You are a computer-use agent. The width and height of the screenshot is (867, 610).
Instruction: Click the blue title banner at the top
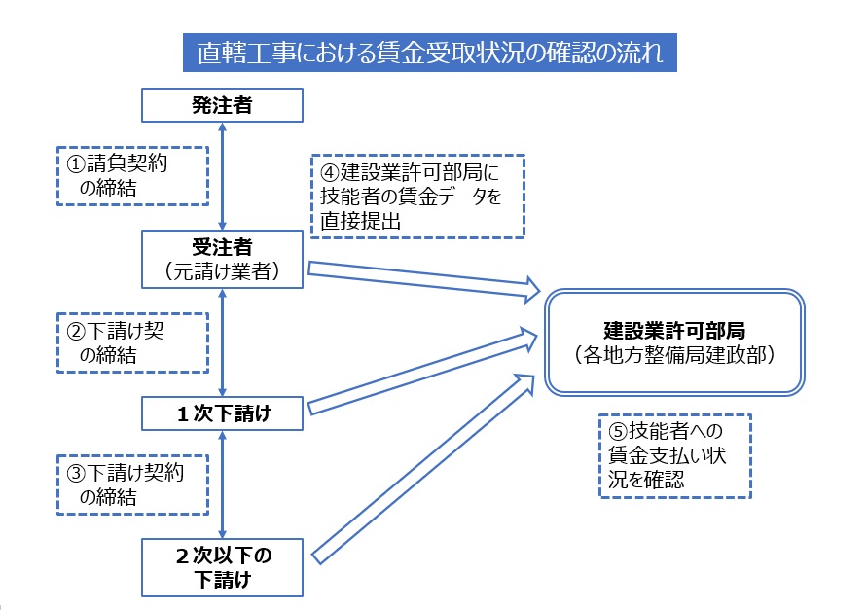coord(430,53)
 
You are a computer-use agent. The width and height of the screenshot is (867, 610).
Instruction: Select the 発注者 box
coord(222,104)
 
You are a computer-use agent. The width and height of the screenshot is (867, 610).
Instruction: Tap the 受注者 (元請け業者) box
coord(222,259)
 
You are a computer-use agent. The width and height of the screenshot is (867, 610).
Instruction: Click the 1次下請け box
coord(222,413)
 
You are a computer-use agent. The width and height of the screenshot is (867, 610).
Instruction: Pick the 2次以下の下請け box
coord(222,567)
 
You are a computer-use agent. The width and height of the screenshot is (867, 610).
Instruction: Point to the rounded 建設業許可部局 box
coord(674,341)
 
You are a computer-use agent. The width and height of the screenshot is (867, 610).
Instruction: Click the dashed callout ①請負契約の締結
coord(132,176)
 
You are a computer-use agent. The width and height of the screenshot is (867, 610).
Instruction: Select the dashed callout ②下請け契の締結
coord(132,342)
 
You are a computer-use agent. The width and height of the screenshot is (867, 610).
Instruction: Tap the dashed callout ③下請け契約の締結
coord(132,485)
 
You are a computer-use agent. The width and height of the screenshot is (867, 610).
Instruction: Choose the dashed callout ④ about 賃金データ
coord(417,197)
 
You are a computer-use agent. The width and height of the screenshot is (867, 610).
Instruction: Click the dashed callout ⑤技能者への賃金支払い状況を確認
coord(675,455)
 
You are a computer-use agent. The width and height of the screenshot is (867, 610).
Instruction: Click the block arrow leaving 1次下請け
coord(422,371)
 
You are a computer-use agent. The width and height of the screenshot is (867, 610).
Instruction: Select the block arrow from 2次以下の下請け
coord(423,469)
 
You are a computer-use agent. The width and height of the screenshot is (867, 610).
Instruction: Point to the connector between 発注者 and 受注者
coord(222,176)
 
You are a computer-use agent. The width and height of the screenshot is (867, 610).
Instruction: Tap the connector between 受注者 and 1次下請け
coord(222,342)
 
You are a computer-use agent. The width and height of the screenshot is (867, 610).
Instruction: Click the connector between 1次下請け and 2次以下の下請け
coord(222,484)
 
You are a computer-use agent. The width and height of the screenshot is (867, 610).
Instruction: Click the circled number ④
coord(330,172)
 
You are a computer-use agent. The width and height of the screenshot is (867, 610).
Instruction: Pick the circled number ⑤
coord(618,431)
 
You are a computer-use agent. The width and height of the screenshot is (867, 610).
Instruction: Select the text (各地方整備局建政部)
coord(674,354)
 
